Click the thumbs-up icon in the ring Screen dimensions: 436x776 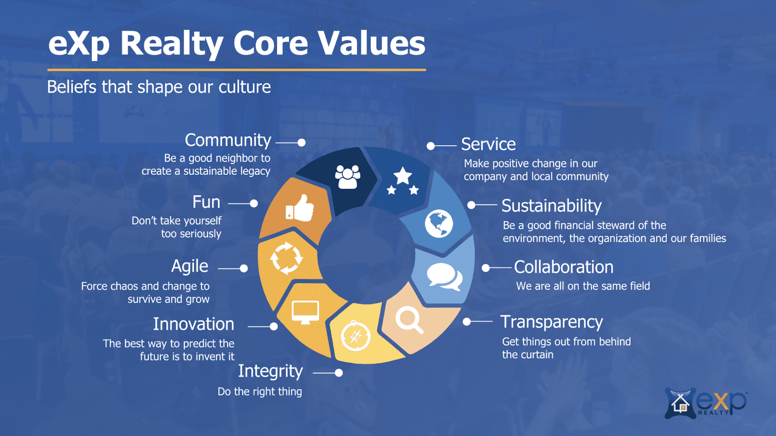click(300, 208)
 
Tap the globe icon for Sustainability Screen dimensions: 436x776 click(439, 223)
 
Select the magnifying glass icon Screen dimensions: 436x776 click(409, 320)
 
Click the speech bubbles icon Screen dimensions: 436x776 click(444, 277)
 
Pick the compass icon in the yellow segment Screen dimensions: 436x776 click(356, 335)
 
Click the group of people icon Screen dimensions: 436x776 click(348, 177)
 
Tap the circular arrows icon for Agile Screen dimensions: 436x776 click(286, 258)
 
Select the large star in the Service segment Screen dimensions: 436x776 click(403, 176)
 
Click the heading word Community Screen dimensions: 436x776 click(228, 140)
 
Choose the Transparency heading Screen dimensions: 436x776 click(551, 322)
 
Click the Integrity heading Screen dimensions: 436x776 click(270, 371)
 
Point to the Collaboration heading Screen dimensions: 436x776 click(564, 267)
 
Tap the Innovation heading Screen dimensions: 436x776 click(194, 324)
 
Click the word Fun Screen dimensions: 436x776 click(206, 202)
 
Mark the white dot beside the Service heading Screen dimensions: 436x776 click(431, 146)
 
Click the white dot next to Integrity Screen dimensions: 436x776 click(339, 373)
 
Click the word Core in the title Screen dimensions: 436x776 click(271, 43)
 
